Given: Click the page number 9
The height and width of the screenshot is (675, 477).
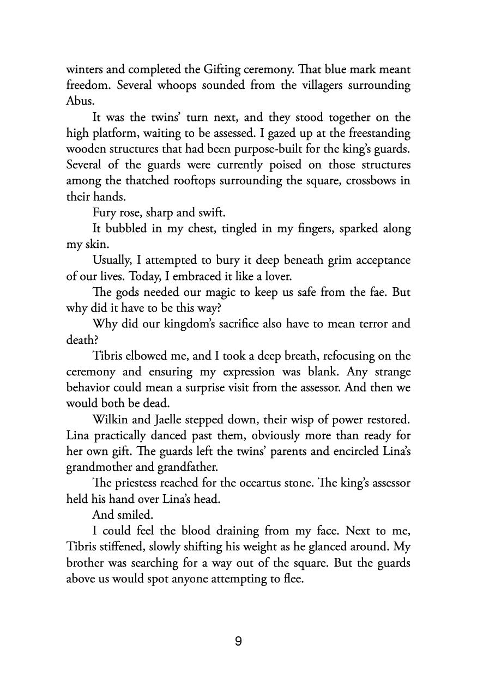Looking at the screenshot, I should [x=238, y=641].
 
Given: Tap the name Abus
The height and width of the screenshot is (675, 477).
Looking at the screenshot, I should [x=78, y=101].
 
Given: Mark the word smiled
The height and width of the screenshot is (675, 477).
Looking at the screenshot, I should [x=130, y=515].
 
